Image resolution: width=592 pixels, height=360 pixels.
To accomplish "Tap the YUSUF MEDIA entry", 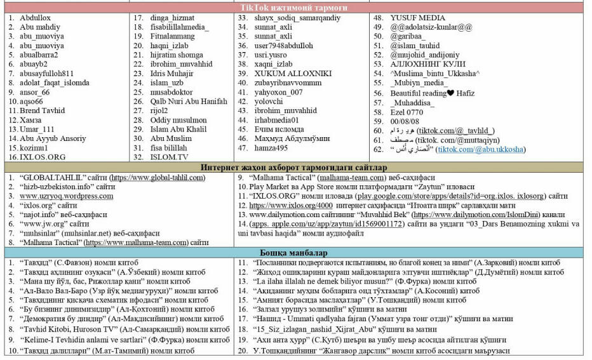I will (417, 18).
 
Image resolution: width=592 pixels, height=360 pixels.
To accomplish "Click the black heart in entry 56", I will (450, 93).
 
